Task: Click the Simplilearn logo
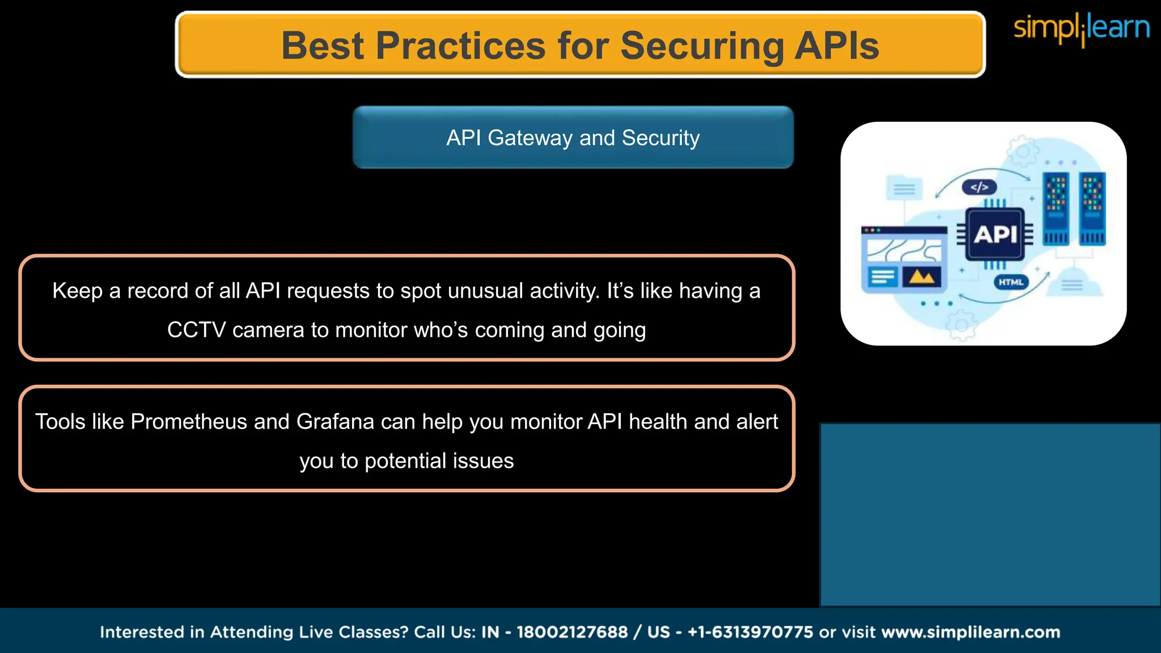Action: [x=1081, y=28]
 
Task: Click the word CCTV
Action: [x=196, y=330]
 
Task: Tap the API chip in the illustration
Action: [x=995, y=234]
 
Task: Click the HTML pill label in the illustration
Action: [x=1011, y=282]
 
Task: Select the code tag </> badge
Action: [x=979, y=187]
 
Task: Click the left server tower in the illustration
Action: [x=1056, y=208]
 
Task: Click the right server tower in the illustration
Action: [x=1092, y=208]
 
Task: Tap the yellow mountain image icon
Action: [x=921, y=277]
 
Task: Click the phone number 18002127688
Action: [x=572, y=632]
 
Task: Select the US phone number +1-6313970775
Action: [x=750, y=632]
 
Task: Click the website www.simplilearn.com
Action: [x=971, y=632]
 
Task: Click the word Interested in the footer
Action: [x=151, y=632]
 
